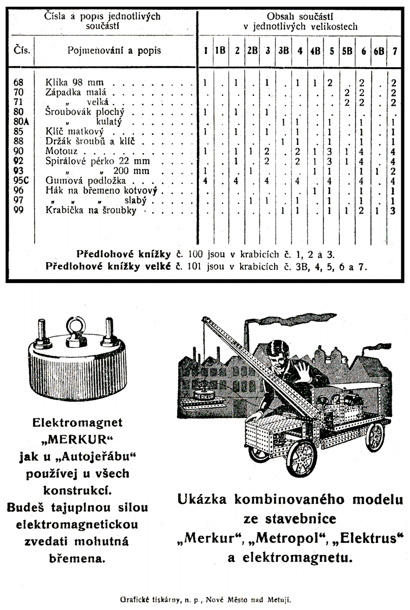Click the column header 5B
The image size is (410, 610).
click(347, 51)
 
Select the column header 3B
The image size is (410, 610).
click(284, 51)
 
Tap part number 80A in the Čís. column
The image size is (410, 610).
click(21, 121)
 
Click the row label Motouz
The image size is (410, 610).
click(61, 151)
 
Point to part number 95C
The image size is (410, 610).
click(21, 180)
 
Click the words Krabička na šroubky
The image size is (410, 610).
click(91, 210)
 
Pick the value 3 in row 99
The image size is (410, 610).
click(393, 211)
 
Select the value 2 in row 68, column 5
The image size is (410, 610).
click(330, 83)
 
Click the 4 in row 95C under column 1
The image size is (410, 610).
click(205, 181)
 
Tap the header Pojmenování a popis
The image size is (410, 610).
click(114, 51)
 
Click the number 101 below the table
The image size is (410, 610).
click(194, 266)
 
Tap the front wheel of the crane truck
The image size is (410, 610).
click(302, 459)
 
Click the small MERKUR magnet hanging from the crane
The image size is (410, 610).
click(204, 395)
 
